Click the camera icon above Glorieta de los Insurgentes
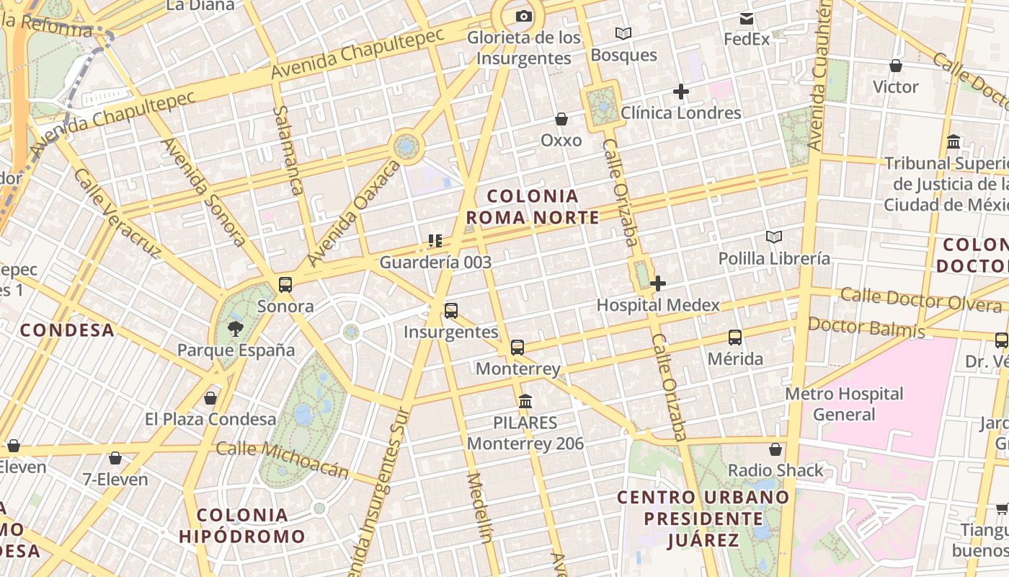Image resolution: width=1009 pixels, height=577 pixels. click(x=524, y=16)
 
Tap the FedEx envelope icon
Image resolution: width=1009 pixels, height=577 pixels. click(x=747, y=18)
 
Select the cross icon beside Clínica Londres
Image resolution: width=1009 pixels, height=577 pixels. click(x=680, y=92)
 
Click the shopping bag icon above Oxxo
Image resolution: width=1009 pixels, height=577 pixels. click(x=561, y=119)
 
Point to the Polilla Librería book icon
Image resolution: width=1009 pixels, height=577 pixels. click(x=774, y=237)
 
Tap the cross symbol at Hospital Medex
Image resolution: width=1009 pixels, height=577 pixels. click(x=657, y=283)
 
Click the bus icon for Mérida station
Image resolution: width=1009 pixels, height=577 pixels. click(x=735, y=337)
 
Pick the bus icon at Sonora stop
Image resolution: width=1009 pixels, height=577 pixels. click(x=285, y=284)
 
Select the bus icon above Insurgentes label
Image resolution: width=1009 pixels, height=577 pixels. click(x=451, y=311)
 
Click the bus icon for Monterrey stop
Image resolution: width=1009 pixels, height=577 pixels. click(x=517, y=348)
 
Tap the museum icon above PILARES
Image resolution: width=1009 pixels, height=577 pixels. click(x=525, y=401)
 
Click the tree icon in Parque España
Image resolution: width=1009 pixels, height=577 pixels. click(x=235, y=330)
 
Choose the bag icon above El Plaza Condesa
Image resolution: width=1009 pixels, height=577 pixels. click(x=210, y=397)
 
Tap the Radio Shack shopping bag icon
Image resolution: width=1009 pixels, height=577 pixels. click(x=775, y=449)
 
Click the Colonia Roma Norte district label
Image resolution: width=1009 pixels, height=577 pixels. click(x=533, y=206)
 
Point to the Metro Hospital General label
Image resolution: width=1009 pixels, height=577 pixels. click(x=844, y=404)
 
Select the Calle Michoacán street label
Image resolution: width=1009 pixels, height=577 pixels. click(x=283, y=459)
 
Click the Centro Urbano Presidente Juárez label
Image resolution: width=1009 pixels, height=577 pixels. click(x=703, y=519)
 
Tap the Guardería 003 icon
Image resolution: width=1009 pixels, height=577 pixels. click(x=435, y=240)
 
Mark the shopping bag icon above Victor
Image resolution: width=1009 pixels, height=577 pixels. click(x=896, y=66)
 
